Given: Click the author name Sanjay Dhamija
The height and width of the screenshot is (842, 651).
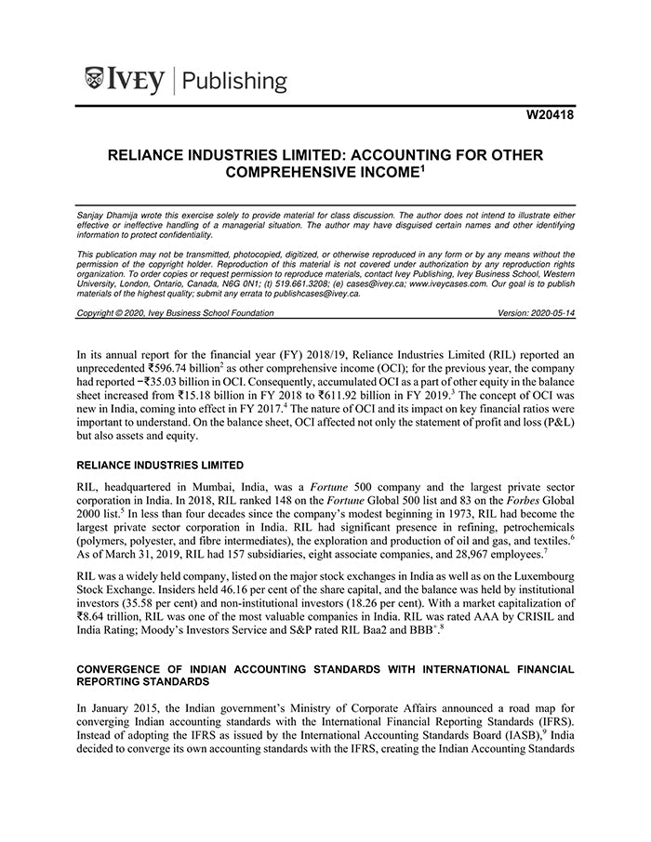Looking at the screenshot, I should tap(110, 214).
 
